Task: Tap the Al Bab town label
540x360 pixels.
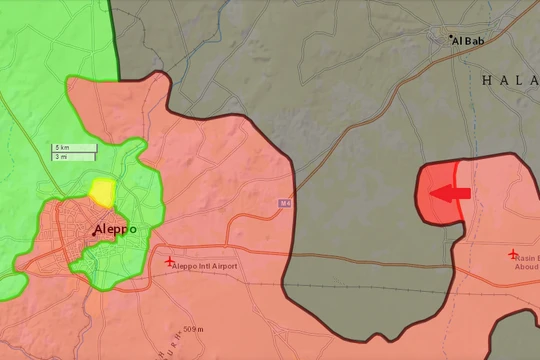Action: [470, 40]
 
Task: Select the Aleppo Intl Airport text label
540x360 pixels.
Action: [205, 267]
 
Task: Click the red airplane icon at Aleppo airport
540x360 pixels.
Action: [168, 262]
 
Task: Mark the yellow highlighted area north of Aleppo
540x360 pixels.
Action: [102, 191]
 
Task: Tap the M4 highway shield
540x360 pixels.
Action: [285, 204]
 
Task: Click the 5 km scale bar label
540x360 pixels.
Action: [63, 149]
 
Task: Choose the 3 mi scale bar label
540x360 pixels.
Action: [62, 157]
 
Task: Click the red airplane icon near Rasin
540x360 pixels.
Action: [513, 254]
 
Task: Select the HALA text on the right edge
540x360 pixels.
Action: [509, 80]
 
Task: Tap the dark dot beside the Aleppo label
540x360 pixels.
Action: [96, 232]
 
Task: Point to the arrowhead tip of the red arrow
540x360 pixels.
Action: [429, 192]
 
